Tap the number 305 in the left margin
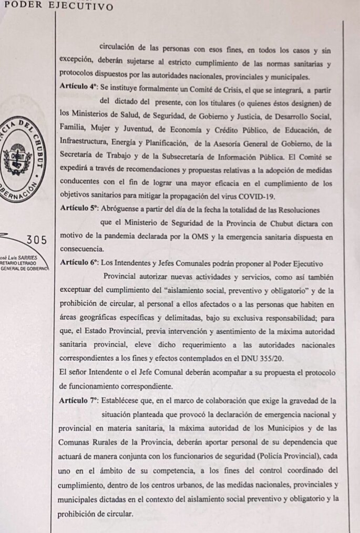pos(36,240)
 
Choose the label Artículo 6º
pos(79,262)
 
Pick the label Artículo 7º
pos(79,401)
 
